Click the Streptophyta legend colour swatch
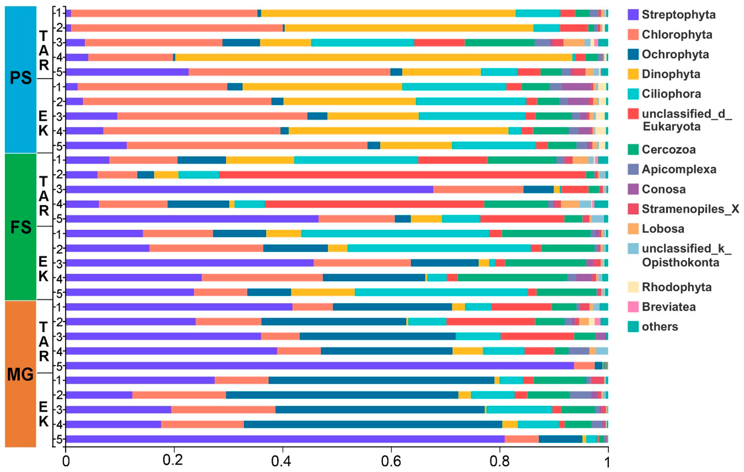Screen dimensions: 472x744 [633, 15]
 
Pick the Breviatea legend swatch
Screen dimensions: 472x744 [633, 307]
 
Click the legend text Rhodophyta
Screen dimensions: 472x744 [676, 287]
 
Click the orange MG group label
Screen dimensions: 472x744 [21, 375]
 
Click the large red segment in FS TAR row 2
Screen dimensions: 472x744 [402, 175]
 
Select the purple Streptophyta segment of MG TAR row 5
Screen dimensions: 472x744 [318, 366]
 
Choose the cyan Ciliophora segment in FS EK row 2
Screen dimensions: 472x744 [439, 248]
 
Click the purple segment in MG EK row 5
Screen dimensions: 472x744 [284, 439]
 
